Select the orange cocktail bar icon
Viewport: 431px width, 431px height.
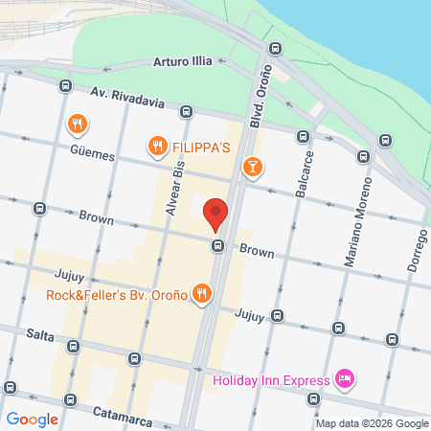tap(251, 169)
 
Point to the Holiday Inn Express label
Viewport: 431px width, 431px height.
tap(270, 380)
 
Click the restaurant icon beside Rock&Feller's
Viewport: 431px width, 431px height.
tap(201, 294)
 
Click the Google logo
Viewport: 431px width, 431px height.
tap(32, 419)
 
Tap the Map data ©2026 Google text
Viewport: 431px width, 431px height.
tap(372, 423)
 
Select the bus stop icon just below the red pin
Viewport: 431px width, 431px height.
tap(218, 246)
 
